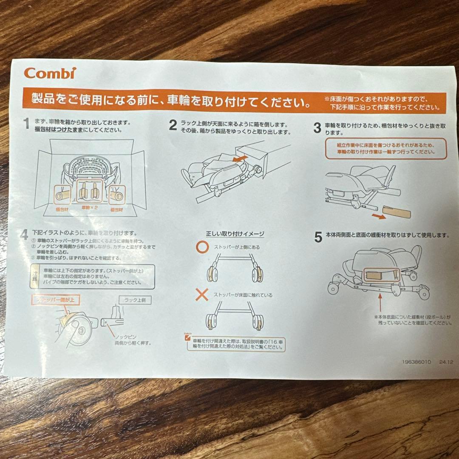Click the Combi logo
[x=50, y=73]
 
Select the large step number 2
[x=173, y=125]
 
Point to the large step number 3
[x=317, y=128]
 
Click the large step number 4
[x=25, y=234]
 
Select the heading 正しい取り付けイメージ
[x=235, y=234]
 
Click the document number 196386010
[x=416, y=362]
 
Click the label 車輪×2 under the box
[x=91, y=209]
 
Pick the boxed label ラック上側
[x=135, y=300]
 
